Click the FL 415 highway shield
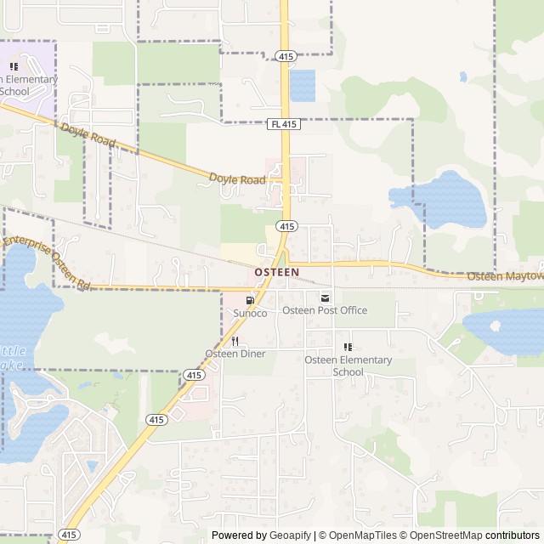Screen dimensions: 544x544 (x=285, y=124)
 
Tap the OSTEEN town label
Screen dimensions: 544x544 (x=277, y=272)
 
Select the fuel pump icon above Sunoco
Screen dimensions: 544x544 (x=250, y=299)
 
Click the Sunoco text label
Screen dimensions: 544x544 (x=250, y=314)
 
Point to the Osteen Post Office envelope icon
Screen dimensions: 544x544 (x=325, y=297)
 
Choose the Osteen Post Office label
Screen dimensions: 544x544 (x=325, y=310)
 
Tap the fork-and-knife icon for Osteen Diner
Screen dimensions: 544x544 (x=235, y=340)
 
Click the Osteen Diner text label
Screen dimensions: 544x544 (x=235, y=354)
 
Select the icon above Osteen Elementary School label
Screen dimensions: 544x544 (x=348, y=347)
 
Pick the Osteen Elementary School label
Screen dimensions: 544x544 (x=348, y=365)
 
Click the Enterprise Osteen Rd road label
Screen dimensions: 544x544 (x=47, y=258)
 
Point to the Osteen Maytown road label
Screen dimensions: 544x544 (x=507, y=276)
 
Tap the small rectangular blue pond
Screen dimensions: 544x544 (x=302, y=85)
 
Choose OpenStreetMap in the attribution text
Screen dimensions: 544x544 (x=446, y=535)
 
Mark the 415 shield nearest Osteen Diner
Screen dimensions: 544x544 (x=194, y=375)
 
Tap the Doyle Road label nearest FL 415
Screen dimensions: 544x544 (x=236, y=178)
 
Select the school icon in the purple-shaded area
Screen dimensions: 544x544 (x=14, y=66)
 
